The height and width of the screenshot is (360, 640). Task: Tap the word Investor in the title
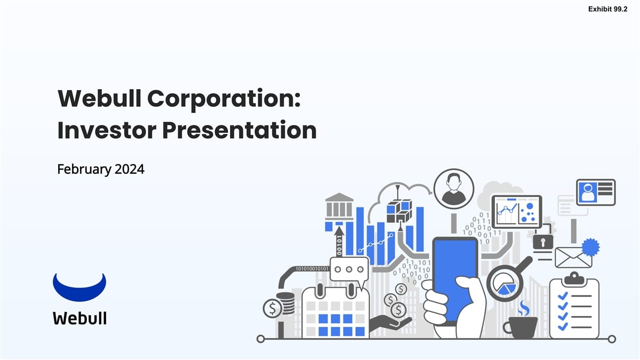point(107,130)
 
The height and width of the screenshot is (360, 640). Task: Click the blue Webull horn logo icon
point(79,288)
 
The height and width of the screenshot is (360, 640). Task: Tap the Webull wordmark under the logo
point(79,318)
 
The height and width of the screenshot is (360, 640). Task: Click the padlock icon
point(543,241)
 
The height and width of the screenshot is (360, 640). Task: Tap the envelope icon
point(573,257)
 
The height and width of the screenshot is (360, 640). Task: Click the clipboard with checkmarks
point(574,308)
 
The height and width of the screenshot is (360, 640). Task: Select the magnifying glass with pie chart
point(505,283)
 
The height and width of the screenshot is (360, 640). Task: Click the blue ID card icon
point(596,192)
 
